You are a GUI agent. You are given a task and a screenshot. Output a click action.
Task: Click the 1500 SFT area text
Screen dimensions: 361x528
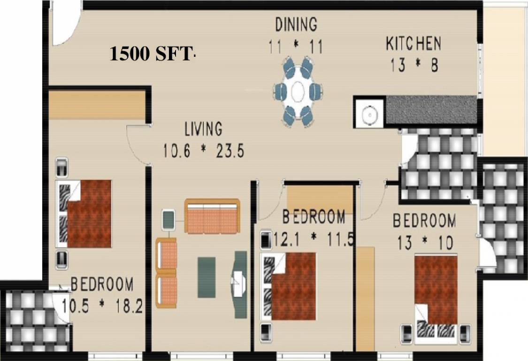click(151, 55)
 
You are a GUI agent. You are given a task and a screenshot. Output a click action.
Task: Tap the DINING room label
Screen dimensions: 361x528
click(296, 24)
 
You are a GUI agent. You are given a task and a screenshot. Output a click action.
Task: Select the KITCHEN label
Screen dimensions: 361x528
click(413, 44)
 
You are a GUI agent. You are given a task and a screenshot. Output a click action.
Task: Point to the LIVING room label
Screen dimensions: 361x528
click(203, 128)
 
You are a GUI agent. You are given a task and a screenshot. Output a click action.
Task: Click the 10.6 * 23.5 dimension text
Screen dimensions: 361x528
click(203, 152)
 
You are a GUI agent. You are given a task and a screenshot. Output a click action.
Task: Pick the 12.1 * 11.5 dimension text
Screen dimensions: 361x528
click(308, 239)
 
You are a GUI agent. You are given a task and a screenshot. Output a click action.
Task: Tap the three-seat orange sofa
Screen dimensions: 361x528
click(212, 216)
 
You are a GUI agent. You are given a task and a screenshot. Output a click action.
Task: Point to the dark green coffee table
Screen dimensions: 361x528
click(207, 277)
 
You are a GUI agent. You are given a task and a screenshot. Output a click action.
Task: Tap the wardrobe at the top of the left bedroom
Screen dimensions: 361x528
click(97, 105)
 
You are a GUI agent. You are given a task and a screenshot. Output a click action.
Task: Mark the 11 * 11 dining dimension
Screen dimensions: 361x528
click(296, 47)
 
